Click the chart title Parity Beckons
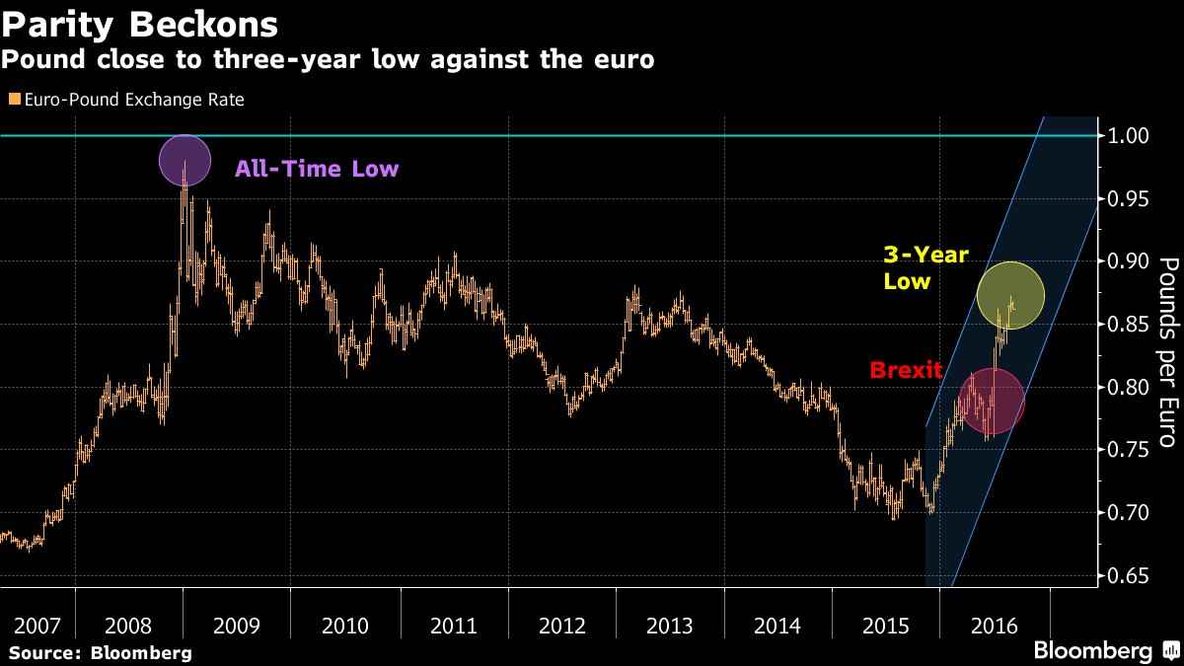pyautogui.click(x=139, y=22)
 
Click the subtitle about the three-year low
pyautogui.click(x=327, y=59)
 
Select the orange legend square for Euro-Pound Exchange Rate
pyautogui.click(x=13, y=100)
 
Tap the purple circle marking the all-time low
pyautogui.click(x=185, y=161)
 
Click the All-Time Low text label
pyautogui.click(x=316, y=169)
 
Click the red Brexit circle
pyautogui.click(x=991, y=402)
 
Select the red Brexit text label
pyautogui.click(x=906, y=371)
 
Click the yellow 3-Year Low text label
pyautogui.click(x=925, y=267)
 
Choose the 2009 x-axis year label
pyautogui.click(x=237, y=626)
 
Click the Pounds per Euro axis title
pyautogui.click(x=1167, y=355)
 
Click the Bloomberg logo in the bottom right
pyautogui.click(x=1104, y=651)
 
